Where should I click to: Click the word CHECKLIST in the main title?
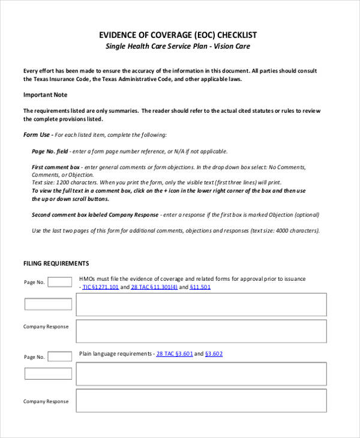point(235,35)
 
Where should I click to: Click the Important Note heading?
point(45,95)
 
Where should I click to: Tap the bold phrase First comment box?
point(55,167)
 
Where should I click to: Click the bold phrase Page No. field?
point(51,151)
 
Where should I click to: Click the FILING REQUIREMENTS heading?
point(56,263)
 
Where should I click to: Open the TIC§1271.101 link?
point(100,287)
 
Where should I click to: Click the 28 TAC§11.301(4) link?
point(154,287)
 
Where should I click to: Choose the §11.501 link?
point(200,287)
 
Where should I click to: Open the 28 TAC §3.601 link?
point(174,354)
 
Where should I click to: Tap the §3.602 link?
point(214,354)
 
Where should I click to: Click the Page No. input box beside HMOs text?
point(59,282)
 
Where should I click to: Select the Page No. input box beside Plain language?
point(59,356)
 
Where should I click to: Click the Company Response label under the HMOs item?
point(46,326)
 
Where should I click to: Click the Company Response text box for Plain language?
point(201,401)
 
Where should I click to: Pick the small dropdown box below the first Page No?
point(47,304)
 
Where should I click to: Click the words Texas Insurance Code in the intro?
point(55,79)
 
